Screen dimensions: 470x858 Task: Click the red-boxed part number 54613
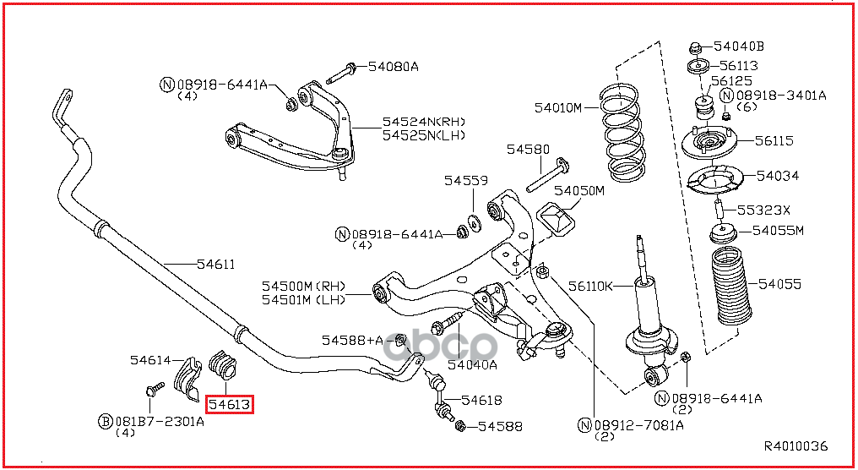point(230,405)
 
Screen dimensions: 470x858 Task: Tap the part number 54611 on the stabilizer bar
point(215,265)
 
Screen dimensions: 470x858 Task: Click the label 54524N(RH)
point(423,122)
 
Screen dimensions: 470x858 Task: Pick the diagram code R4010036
point(796,446)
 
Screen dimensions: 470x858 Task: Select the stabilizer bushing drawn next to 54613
point(224,365)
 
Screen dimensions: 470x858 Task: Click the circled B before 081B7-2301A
point(106,420)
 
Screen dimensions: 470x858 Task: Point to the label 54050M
point(579,191)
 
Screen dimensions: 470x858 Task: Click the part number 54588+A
point(352,340)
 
